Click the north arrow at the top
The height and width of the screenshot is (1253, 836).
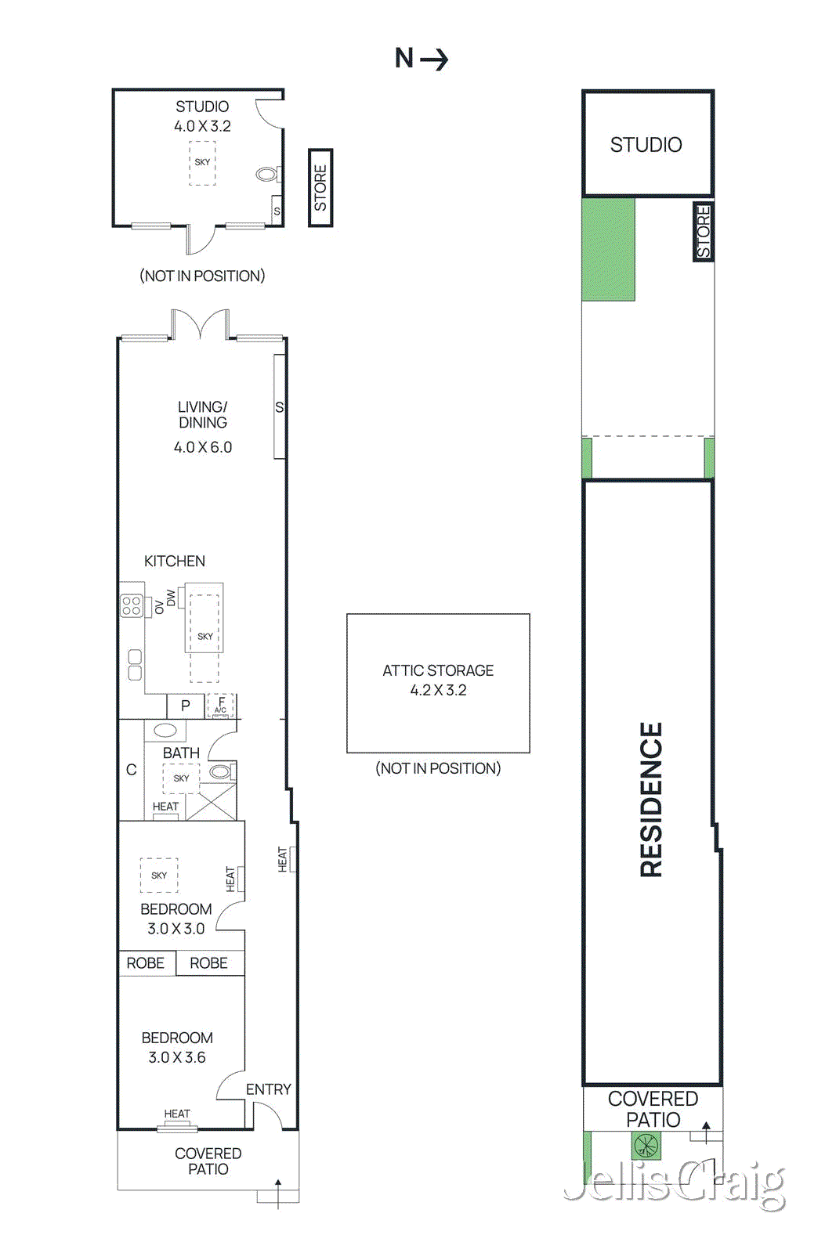coord(422,59)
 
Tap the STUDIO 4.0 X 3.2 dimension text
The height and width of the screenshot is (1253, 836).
coord(202,126)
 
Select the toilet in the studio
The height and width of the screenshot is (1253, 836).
coord(267,174)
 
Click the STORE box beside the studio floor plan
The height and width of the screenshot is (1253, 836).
coord(320,188)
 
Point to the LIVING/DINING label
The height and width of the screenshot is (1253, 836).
coord(203,414)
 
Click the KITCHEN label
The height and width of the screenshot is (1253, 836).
coord(175,561)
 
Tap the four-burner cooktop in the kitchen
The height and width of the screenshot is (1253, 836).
coord(131,605)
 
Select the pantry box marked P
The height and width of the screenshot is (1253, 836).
coord(186,706)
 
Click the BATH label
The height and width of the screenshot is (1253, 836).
coord(181,753)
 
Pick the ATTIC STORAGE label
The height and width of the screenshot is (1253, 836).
coord(438,670)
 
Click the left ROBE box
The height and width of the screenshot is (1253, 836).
coord(146,963)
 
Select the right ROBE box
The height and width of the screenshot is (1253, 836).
coord(209,963)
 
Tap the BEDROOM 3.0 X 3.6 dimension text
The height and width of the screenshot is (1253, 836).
coord(177,1057)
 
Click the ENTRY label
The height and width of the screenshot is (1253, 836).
coord(268,1089)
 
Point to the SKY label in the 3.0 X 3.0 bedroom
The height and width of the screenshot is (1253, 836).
coord(159,876)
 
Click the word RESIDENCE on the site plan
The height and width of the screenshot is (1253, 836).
coord(651,799)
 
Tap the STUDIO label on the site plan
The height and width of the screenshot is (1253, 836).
coord(646,145)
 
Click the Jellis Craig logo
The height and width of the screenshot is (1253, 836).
coord(674,1185)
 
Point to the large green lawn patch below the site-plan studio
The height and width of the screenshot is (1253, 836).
coord(608,249)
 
